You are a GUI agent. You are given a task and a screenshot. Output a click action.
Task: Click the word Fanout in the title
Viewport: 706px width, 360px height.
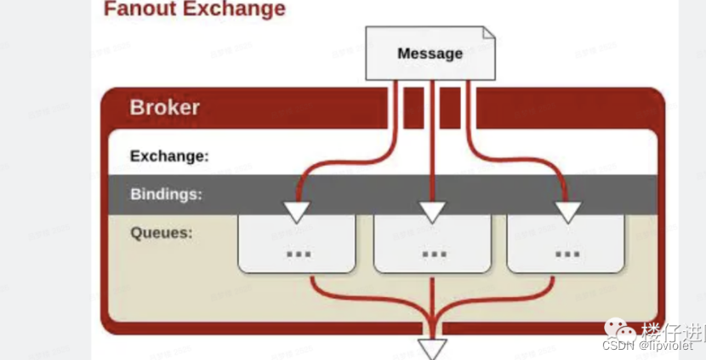[x=137, y=10]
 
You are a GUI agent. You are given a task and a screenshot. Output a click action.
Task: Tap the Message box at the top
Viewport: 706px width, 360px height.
[x=430, y=54]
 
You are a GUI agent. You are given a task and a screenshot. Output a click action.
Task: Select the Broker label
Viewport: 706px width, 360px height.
[x=165, y=107]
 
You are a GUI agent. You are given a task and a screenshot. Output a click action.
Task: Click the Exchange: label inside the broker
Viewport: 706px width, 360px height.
[x=169, y=157]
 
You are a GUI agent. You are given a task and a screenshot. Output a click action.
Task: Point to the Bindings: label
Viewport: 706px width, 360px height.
[x=166, y=194]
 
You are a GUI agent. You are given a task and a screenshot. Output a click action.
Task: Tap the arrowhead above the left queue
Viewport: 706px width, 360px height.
[x=297, y=211]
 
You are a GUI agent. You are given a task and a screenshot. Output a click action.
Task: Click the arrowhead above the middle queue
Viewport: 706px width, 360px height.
[x=433, y=211]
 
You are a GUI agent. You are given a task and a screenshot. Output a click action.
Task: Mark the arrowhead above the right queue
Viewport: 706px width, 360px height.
[x=567, y=211]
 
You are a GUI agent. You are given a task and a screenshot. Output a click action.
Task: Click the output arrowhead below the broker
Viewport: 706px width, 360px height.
[x=433, y=348]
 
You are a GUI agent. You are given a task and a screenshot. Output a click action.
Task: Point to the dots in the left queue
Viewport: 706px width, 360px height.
[x=298, y=254]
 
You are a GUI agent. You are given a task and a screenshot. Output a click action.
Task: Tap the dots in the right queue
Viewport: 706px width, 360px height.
[x=567, y=254]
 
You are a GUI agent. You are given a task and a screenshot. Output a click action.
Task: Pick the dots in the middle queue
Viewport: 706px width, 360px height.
[x=434, y=254]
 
